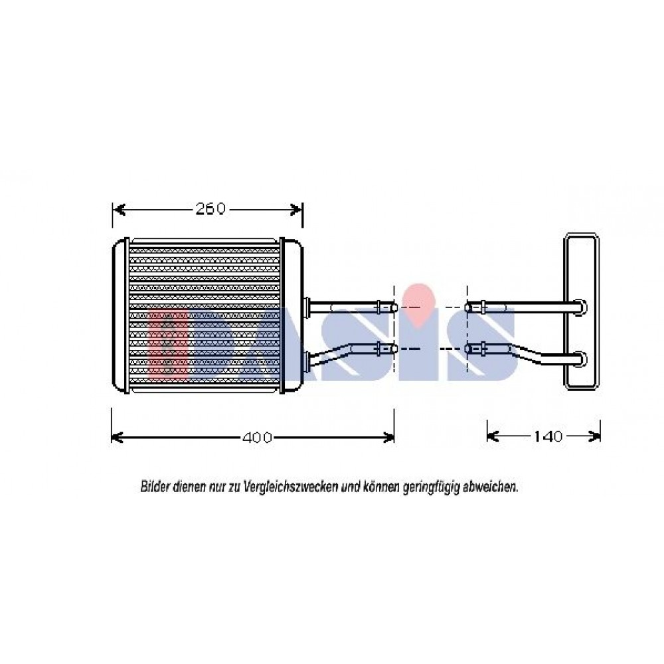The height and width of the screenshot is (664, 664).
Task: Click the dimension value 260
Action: [x=210, y=208]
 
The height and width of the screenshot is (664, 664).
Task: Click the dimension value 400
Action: [x=256, y=437]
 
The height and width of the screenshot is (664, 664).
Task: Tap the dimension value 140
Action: [x=547, y=436]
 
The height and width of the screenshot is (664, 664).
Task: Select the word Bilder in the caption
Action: [x=155, y=487]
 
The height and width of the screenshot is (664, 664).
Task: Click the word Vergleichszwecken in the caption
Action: [x=291, y=487]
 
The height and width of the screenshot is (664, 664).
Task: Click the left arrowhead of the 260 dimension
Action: [x=119, y=209]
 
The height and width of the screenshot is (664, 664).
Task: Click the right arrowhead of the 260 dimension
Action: [x=296, y=209]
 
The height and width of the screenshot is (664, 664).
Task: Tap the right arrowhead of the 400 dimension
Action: [x=388, y=437]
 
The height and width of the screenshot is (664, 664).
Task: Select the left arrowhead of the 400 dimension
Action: [x=118, y=437]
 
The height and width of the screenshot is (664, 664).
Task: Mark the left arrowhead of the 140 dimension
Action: [x=493, y=436]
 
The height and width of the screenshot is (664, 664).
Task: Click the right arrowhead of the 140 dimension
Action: [x=594, y=436]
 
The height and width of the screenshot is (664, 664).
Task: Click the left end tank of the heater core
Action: [x=120, y=315]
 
